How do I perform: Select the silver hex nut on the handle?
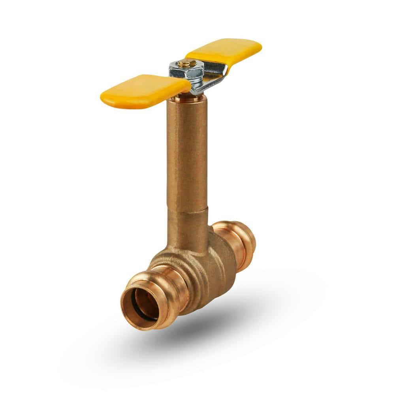pos(186,71)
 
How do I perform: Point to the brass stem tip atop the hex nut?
pos(183,63)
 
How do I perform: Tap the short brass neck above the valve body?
pos(187,229)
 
